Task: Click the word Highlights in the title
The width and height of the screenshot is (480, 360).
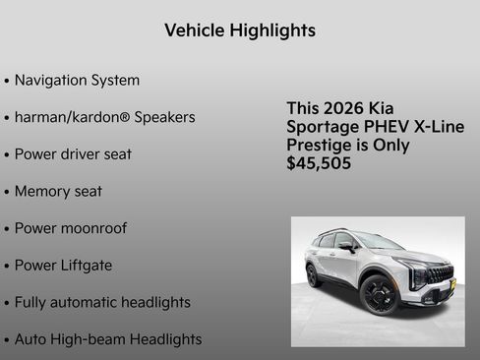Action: (x=272, y=30)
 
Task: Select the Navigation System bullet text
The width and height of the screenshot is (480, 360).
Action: (x=77, y=80)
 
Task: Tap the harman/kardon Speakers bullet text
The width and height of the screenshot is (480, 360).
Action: (x=104, y=117)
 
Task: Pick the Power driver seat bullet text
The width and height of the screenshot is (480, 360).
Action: (x=73, y=154)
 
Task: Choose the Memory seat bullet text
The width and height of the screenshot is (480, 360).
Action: (x=58, y=191)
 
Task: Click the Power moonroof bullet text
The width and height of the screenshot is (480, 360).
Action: (x=70, y=228)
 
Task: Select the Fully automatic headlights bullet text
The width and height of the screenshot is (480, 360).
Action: (x=102, y=302)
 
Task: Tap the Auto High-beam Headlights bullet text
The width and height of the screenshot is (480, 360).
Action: (x=108, y=339)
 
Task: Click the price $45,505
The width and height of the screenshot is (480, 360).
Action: (x=319, y=162)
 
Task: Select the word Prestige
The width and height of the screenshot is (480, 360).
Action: (x=323, y=145)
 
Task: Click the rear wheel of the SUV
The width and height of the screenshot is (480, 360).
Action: (x=313, y=274)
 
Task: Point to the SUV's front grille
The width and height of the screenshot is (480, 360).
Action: (x=440, y=274)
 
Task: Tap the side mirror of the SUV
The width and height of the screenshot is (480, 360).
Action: (x=346, y=247)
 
